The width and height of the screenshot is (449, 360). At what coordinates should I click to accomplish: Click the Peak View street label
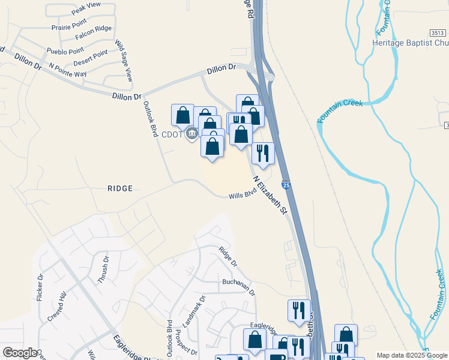[85, 5]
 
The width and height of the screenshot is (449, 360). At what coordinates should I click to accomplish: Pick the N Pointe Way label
[68, 70]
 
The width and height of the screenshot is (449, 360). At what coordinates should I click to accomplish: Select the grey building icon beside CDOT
[192, 133]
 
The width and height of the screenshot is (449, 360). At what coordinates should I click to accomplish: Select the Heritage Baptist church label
[411, 44]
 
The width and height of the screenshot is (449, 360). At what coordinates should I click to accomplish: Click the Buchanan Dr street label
[239, 286]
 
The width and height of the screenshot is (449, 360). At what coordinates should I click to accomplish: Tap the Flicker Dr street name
[40, 287]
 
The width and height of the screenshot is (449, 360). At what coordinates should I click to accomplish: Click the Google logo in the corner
[20, 353]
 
